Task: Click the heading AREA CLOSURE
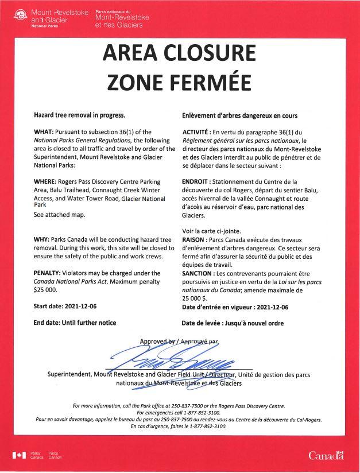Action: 179,53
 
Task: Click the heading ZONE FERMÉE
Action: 179,81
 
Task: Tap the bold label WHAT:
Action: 44,132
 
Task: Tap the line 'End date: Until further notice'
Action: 75,323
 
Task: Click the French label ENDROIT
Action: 199,181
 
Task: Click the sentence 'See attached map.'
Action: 60,215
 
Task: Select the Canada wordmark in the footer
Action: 326,456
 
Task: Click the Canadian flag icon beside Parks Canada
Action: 19,456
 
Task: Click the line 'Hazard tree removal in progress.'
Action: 79,115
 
